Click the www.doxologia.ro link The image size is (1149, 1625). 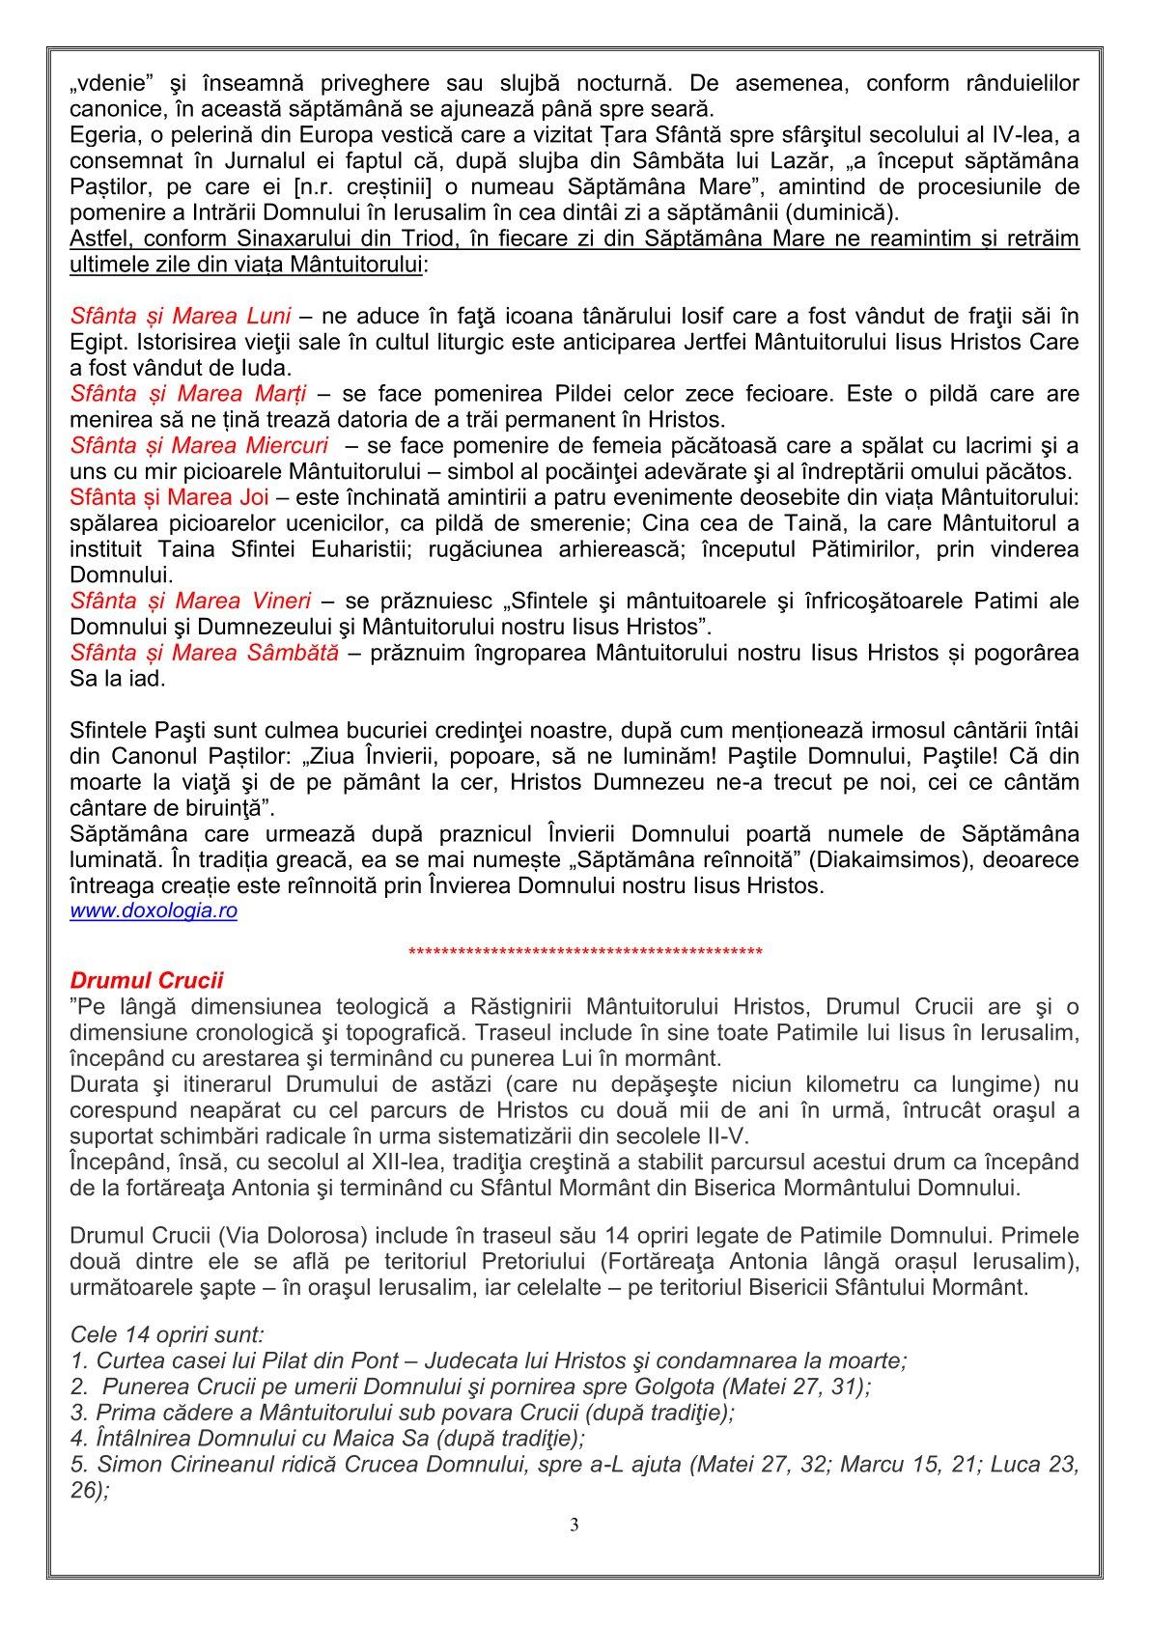154,911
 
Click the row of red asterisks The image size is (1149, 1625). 586,954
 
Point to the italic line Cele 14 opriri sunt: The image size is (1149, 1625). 167,1336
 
